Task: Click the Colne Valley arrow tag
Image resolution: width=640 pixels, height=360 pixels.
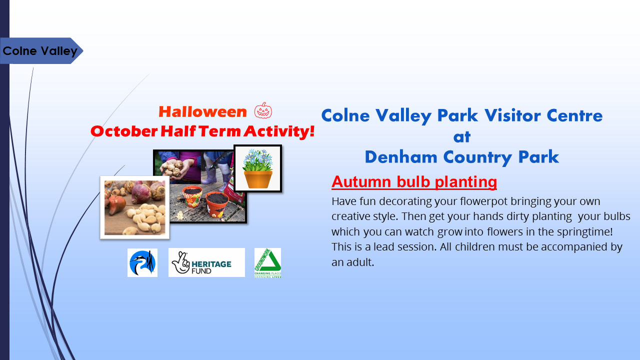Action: pos(40,51)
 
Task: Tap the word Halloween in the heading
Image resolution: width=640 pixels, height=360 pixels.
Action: pos(202,112)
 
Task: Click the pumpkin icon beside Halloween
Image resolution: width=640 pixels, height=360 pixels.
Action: pos(263,110)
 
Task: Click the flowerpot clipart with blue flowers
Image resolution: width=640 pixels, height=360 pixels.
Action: pos(257,168)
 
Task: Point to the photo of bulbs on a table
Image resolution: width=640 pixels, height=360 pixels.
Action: pos(134,207)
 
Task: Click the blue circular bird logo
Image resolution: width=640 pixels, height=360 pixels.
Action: pos(142,262)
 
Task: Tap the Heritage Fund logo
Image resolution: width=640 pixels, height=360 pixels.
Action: pos(206,262)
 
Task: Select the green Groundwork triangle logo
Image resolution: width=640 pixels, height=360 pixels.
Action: pos(267,262)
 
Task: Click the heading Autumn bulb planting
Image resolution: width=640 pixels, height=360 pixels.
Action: pos(414,182)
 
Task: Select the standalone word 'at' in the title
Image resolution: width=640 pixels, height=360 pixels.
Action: pos(462,136)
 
